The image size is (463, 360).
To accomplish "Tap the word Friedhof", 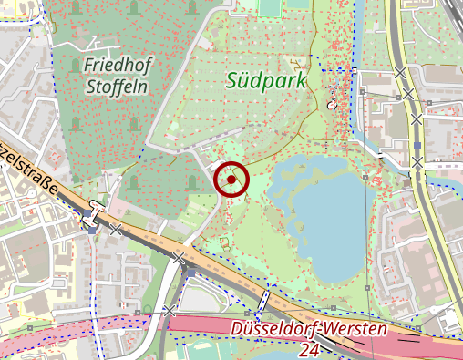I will click(118, 65).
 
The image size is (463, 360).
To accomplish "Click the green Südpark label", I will click(267, 80).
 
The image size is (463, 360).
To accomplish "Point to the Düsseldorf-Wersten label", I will click(309, 329).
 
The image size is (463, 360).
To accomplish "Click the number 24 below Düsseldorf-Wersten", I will click(309, 349).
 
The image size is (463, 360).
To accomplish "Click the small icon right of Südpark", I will click(332, 104).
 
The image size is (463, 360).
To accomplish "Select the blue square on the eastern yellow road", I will click(417, 144).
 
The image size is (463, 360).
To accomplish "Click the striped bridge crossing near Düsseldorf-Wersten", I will click(264, 298).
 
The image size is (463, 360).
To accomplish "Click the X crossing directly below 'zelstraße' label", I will click(116, 231).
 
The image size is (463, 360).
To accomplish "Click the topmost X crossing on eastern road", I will click(400, 73).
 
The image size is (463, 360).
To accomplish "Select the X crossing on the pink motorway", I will click(170, 312).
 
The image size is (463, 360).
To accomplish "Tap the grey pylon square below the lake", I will click(366, 289).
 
